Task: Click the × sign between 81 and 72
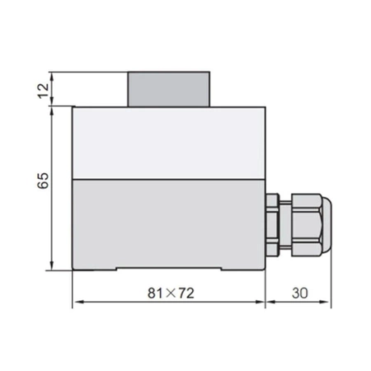tap(171, 293)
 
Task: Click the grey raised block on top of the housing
tap(169, 89)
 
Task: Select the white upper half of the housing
tap(169, 143)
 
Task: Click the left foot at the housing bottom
tap(93, 267)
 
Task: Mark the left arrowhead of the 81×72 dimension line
tap(77, 303)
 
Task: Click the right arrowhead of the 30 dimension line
tap(327, 303)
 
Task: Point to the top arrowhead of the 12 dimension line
tap(53, 76)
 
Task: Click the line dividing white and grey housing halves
tap(169, 180)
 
